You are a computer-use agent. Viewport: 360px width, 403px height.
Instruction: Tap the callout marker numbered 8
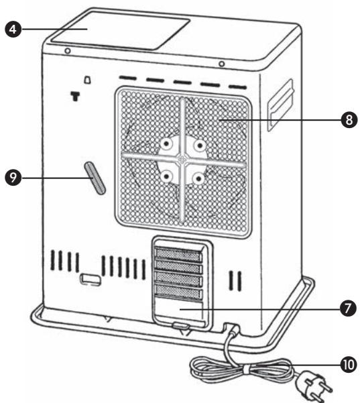(347, 120)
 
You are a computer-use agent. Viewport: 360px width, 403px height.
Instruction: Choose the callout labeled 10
(346, 365)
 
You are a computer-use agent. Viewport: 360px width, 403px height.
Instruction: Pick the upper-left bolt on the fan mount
(164, 143)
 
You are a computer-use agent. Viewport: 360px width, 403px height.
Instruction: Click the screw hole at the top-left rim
(67, 51)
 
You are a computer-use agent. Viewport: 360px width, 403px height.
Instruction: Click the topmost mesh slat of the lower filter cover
(179, 254)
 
